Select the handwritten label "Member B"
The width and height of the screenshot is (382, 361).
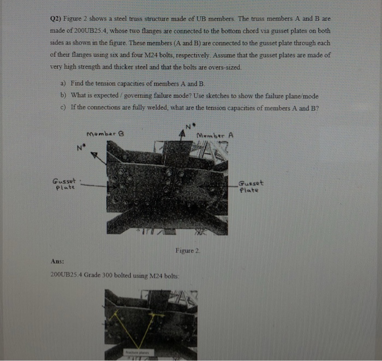(x=106, y=134)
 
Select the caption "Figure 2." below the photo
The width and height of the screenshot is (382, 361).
(x=188, y=250)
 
